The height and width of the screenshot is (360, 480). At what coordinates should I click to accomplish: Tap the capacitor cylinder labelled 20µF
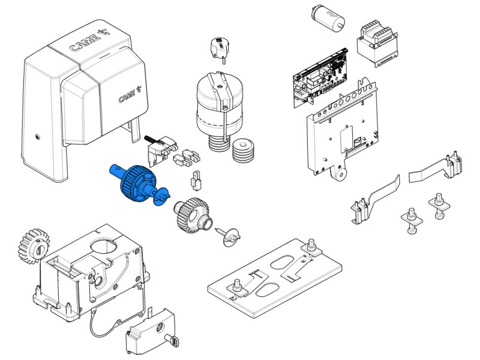[x=328, y=18]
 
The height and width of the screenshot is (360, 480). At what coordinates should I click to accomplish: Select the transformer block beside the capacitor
[x=377, y=43]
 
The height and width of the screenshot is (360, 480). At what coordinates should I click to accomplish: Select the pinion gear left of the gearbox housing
[x=33, y=245]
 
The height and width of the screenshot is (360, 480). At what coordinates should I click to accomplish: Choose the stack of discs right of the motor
[x=244, y=151]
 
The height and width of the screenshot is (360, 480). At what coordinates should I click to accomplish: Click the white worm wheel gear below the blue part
[x=193, y=215]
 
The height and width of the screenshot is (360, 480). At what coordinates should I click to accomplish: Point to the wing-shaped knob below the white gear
[x=229, y=236]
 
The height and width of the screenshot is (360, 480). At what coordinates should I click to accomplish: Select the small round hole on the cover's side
[x=38, y=137]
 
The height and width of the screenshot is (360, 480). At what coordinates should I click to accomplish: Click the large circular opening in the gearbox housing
[x=103, y=245]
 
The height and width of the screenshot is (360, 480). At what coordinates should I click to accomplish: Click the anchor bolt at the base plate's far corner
[x=311, y=247]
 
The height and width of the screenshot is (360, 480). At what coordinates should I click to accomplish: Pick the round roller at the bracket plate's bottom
[x=340, y=174]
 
